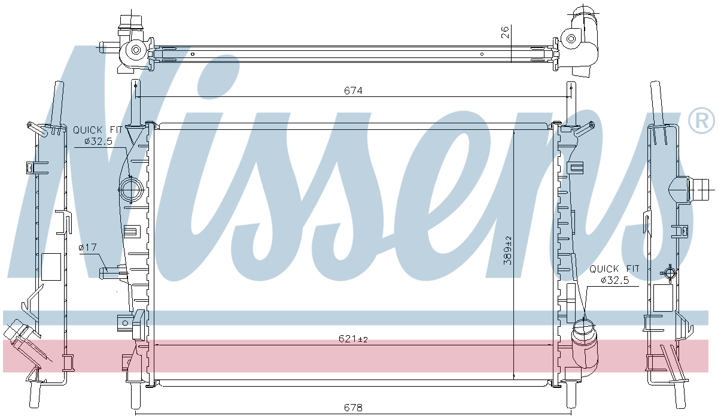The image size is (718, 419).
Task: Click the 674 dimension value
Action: (x=354, y=90)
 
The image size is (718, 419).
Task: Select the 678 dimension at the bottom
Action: (x=354, y=408)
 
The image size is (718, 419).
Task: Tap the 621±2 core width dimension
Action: (x=354, y=339)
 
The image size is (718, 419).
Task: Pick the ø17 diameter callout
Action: (x=88, y=247)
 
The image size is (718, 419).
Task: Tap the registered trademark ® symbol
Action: (x=701, y=122)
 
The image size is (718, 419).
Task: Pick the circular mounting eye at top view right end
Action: (x=572, y=40)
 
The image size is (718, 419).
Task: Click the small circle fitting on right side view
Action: (x=669, y=273)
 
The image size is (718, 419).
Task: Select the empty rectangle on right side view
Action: (x=664, y=297)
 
